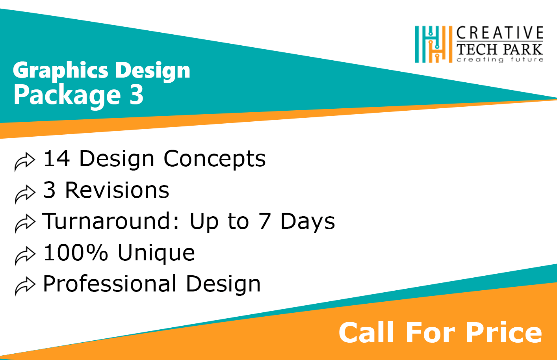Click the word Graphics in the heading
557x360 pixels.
pyautogui.click(x=60, y=71)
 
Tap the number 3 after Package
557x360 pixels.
pyautogui.click(x=136, y=94)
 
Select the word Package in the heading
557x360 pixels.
pyautogui.click(x=67, y=96)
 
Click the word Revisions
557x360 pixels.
pyautogui.click(x=117, y=190)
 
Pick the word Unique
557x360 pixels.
pyautogui.click(x=156, y=253)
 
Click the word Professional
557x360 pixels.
pyautogui.click(x=110, y=284)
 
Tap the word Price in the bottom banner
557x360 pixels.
pyautogui.click(x=504, y=332)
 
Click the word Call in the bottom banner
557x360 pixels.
pyautogui.click(x=366, y=332)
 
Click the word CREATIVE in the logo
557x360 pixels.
pyautogui.click(x=500, y=33)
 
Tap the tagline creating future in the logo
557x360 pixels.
pyautogui.click(x=500, y=59)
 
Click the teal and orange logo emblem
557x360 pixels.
pyautogui.click(x=434, y=44)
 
